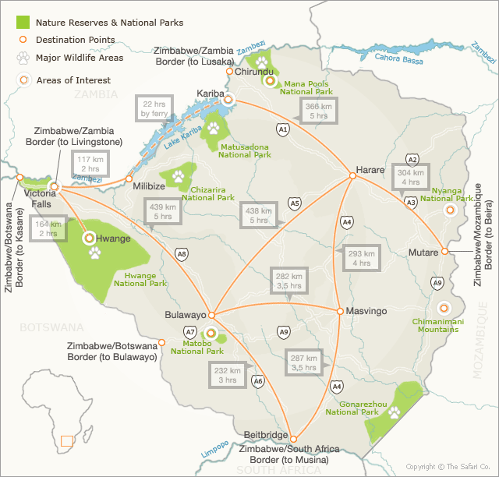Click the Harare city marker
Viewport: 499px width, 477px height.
click(x=352, y=176)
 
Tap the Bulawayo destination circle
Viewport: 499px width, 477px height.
click(x=211, y=315)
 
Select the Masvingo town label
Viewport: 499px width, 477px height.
click(x=366, y=312)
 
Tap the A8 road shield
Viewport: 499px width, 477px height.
click(x=182, y=254)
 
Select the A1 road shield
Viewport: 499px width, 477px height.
click(x=283, y=129)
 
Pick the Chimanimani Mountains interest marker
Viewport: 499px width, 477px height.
click(x=444, y=308)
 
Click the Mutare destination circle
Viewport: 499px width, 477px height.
click(x=444, y=252)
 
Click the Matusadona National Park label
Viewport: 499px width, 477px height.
click(x=244, y=150)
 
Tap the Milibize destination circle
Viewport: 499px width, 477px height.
click(x=129, y=178)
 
